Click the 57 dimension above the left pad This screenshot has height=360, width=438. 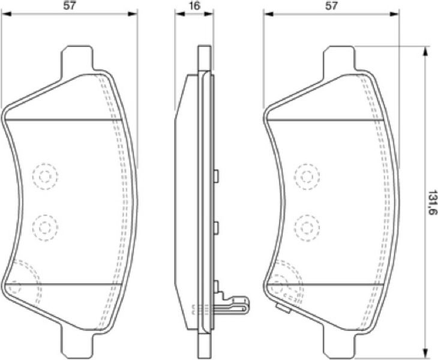click(x=70, y=6)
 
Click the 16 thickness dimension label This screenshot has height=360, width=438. click(x=194, y=6)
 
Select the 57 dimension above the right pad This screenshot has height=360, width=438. click(x=331, y=6)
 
